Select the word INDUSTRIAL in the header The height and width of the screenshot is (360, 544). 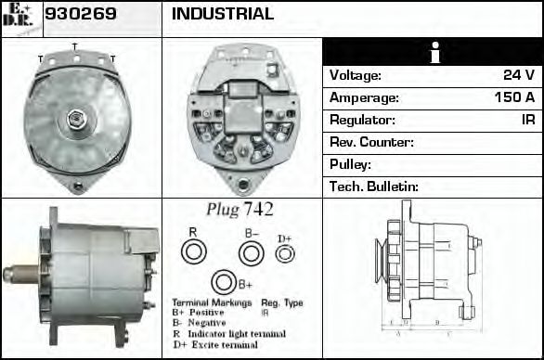(223, 14)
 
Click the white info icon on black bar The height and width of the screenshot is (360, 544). (433, 53)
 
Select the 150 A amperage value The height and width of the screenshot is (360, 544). (514, 97)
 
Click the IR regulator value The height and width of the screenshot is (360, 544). (528, 120)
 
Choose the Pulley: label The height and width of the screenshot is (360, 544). (351, 164)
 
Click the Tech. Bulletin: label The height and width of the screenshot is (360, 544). (374, 186)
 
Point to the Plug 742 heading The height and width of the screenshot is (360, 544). (240, 210)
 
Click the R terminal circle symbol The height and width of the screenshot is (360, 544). (193, 251)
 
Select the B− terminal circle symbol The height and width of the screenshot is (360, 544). (251, 252)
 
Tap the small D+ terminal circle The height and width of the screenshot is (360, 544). (286, 253)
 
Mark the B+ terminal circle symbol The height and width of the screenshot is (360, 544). (223, 283)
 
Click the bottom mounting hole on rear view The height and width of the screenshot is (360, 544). (244, 184)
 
